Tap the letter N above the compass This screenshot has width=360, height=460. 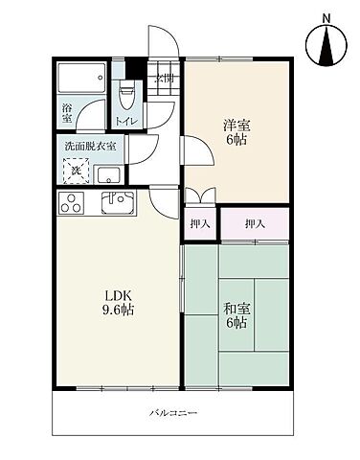[326, 16]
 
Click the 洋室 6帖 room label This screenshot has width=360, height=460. [237, 131]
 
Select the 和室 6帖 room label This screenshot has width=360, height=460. [237, 315]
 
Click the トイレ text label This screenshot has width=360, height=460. [126, 122]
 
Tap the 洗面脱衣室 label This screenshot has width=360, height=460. [91, 146]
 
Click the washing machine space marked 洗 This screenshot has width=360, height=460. [77, 171]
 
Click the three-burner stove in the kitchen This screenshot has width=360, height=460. [73, 202]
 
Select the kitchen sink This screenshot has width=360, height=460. [120, 203]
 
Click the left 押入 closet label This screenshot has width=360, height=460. [198, 223]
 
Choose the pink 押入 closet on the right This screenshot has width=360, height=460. [254, 223]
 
